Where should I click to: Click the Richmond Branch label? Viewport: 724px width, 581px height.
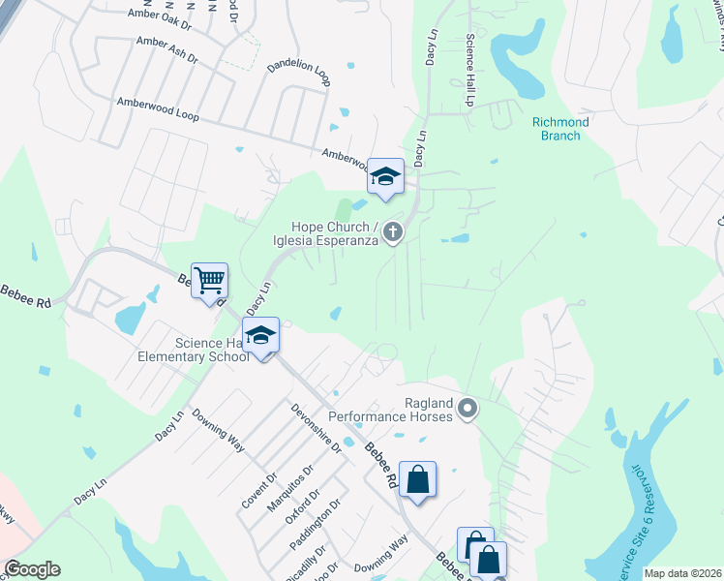[x=560, y=129]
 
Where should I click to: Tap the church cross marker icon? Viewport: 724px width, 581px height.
[x=392, y=231]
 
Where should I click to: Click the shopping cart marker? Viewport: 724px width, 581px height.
[x=209, y=282]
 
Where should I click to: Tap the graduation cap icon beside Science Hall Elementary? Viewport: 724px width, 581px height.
[x=260, y=336]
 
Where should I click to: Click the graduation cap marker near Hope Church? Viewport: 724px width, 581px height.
[x=385, y=177]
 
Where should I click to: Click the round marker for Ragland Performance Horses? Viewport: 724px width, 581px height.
[x=468, y=409]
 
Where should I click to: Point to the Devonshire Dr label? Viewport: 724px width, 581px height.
[x=317, y=428]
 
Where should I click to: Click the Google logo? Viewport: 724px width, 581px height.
[x=32, y=569]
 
